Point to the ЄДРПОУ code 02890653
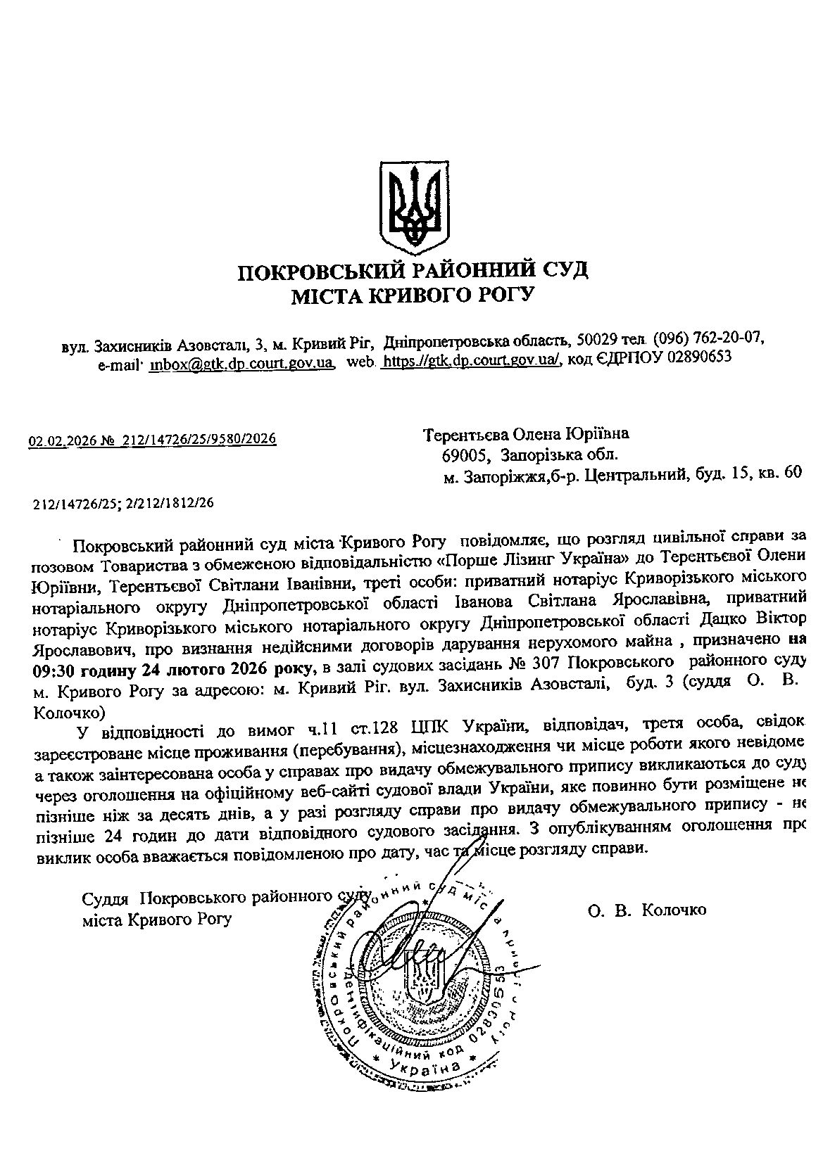695,357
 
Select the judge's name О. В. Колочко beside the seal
647,910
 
